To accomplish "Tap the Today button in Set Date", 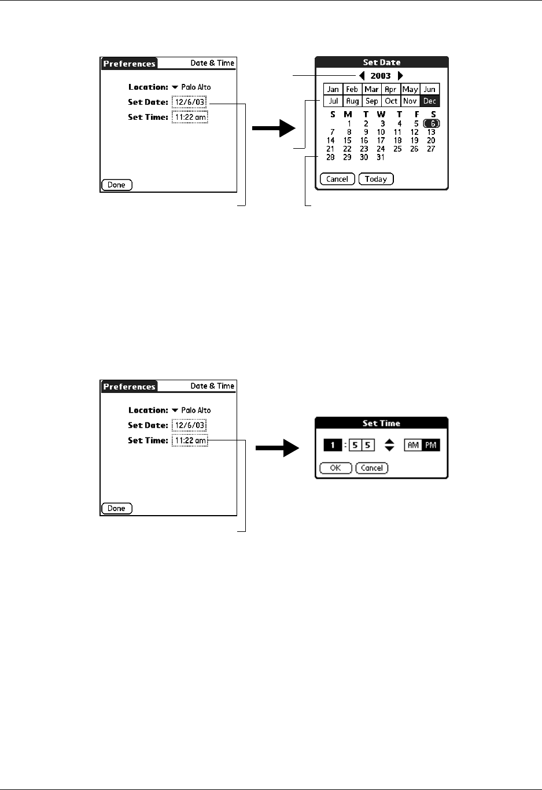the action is (376, 179).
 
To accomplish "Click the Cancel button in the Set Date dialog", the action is (337, 179).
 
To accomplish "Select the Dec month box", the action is (430, 101).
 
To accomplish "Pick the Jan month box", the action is (333, 89).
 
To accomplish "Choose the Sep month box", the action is (371, 101).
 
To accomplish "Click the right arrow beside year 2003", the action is (400, 76).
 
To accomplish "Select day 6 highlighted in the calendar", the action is (432, 123).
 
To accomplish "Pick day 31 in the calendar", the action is (381, 157).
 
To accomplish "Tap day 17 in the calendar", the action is (381, 141).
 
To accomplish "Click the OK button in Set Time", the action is (335, 468).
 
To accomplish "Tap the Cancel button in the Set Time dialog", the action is (372, 468).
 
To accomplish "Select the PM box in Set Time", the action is (431, 445).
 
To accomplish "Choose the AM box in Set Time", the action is (413, 445).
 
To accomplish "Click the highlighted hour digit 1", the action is (333, 445).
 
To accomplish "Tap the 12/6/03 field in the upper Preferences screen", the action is (189, 102).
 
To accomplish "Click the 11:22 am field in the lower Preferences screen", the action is (190, 440).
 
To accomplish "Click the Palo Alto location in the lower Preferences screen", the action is (196, 410).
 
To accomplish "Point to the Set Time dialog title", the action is (381, 423).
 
